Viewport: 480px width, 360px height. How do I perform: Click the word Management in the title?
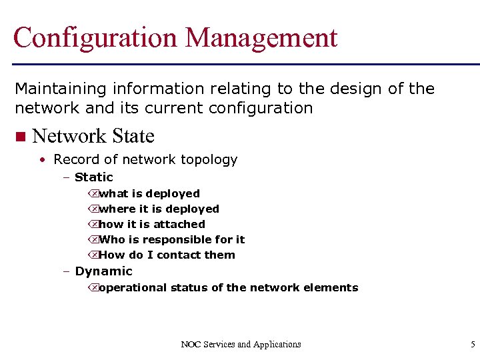pyautogui.click(x=262, y=38)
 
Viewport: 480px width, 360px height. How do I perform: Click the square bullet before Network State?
pyautogui.click(x=19, y=137)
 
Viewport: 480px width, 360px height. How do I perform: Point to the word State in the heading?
pyautogui.click(x=133, y=136)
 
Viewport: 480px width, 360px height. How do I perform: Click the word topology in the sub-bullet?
pyautogui.click(x=207, y=160)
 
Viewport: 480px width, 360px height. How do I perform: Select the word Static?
pyautogui.click(x=94, y=177)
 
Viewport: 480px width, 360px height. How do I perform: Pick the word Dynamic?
pyautogui.click(x=103, y=271)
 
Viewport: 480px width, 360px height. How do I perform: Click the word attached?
pyautogui.click(x=179, y=225)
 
